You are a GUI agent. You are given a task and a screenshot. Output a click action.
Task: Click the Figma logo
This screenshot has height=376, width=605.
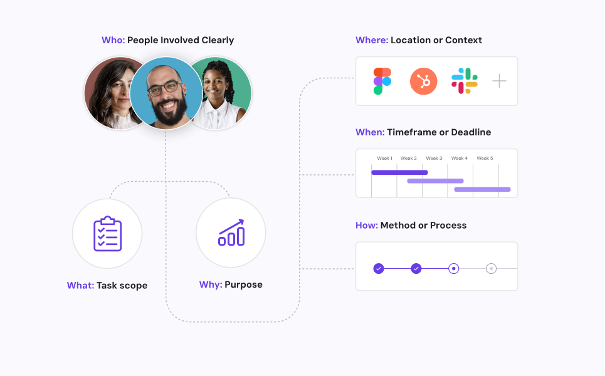[x=382, y=81]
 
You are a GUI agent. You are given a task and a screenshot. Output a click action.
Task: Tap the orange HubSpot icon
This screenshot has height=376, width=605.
[x=423, y=81]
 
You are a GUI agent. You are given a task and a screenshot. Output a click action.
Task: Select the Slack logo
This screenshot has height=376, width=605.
[x=464, y=81]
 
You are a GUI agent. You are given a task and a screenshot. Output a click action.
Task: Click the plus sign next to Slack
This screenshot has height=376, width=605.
[x=499, y=81]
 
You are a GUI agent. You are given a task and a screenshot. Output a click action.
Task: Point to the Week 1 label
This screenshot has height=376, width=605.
[x=384, y=159]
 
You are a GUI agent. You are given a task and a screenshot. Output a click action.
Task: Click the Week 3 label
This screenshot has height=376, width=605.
[x=434, y=159]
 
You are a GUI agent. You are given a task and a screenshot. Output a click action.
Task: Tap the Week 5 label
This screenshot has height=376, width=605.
[x=484, y=159]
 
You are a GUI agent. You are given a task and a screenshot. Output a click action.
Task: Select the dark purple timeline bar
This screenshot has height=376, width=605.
[x=399, y=172]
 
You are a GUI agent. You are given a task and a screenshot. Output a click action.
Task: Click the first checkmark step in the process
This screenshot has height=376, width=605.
[x=379, y=268]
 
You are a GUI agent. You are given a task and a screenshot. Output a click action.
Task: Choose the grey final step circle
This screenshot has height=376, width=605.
[x=492, y=268]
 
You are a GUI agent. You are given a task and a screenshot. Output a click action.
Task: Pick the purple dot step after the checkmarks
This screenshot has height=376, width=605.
[x=454, y=268]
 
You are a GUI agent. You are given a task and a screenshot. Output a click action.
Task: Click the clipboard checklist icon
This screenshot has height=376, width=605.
[x=107, y=234]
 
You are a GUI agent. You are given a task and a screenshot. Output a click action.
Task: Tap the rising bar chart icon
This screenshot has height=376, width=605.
[x=231, y=232]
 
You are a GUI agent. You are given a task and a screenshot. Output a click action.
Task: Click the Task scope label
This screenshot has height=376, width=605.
[x=122, y=286]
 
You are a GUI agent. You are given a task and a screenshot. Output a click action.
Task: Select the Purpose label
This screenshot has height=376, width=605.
[x=243, y=285]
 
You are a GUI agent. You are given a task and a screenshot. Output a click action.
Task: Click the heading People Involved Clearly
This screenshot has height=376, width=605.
[x=181, y=41]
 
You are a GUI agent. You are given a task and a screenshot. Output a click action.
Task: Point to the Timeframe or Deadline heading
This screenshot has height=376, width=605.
[x=439, y=133]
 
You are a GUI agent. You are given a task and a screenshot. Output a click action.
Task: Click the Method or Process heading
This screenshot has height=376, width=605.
[x=423, y=226]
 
